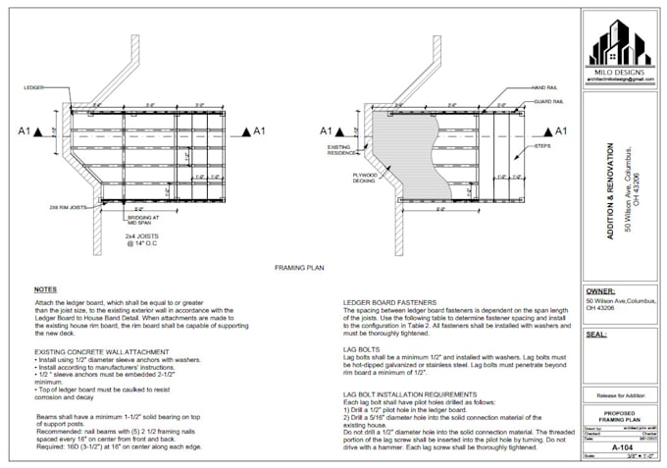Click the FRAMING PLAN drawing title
[x=300, y=267]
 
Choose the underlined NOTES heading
[x=45, y=289]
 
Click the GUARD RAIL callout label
[x=548, y=102]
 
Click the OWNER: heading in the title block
[x=601, y=291]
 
